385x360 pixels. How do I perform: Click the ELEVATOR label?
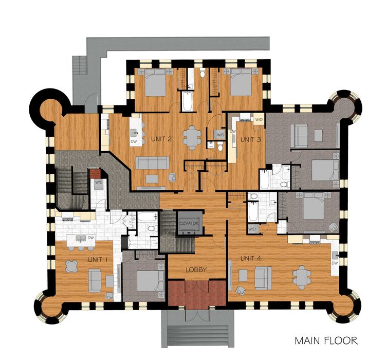[x=189, y=223]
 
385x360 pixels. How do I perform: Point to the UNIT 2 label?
[x=161, y=138]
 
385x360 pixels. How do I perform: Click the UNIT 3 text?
[x=251, y=139]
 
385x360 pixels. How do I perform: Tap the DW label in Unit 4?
[x=335, y=263]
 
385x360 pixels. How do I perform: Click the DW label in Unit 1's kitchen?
[x=91, y=238]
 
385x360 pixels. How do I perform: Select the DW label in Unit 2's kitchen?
[x=134, y=140]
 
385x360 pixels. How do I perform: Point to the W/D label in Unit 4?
[x=252, y=228]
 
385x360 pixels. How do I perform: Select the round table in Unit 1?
[x=71, y=266]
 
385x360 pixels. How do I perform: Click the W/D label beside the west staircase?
[x=98, y=182]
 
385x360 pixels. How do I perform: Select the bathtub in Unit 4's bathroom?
[x=254, y=210]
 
